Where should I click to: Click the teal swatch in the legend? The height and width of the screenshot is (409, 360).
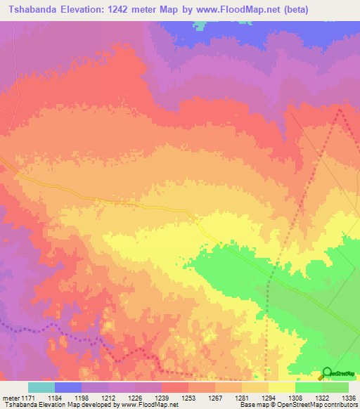[41, 387]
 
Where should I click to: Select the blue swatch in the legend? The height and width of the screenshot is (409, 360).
[68, 387]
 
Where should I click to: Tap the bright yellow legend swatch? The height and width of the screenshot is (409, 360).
[282, 387]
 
